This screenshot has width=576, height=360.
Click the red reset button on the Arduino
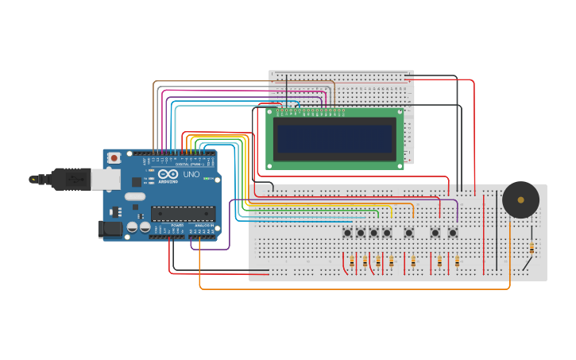[114, 158]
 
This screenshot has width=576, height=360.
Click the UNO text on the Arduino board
[191, 174]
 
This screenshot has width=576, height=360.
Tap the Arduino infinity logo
[168, 174]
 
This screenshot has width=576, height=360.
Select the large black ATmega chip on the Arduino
[183, 213]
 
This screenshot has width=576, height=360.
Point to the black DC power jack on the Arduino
[110, 229]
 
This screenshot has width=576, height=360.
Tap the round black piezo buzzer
[520, 199]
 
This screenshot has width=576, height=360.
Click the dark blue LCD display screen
[334, 138]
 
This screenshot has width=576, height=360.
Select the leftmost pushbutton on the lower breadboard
[347, 233]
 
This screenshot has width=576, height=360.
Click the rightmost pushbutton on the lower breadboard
[452, 233]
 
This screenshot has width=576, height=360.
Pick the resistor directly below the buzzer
[531, 249]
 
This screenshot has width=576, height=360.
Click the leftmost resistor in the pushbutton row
[352, 261]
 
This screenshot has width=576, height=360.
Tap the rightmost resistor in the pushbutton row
[457, 261]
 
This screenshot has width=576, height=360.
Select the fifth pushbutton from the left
[408, 233]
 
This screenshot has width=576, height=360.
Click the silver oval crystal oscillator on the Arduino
[135, 196]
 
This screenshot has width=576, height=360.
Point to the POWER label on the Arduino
[177, 226]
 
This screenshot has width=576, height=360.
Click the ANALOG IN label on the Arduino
[203, 226]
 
